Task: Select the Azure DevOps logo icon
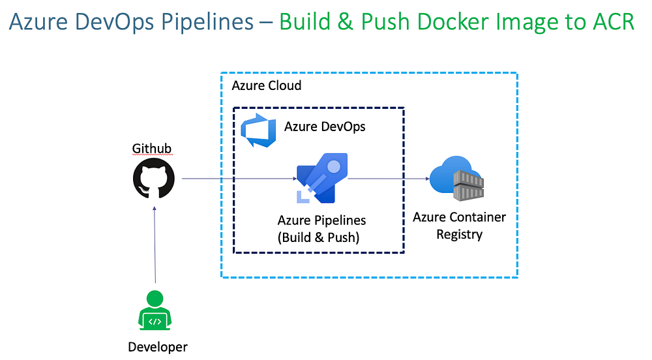click(256, 128)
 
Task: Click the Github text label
click(152, 149)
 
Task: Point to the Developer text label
click(157, 347)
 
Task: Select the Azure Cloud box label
click(267, 85)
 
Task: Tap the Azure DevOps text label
click(325, 127)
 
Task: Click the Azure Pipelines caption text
click(321, 220)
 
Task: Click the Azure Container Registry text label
click(459, 226)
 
